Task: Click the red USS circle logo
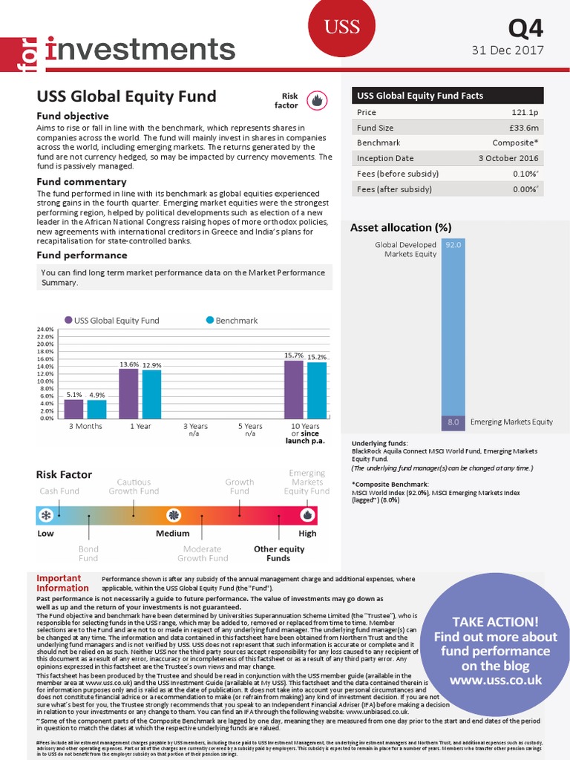tap(342, 27)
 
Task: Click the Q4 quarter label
tap(525, 28)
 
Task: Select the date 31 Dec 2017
tap(508, 50)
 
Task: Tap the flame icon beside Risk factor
tap(316, 100)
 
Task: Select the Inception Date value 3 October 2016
tap(508, 158)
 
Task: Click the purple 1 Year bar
tap(128, 393)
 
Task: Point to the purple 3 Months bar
tap(73, 408)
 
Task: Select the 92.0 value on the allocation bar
tap(453, 243)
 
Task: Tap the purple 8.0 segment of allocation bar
tap(453, 422)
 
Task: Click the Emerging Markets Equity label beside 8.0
tap(511, 422)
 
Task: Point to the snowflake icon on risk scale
tap(47, 515)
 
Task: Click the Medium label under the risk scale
tap(172, 533)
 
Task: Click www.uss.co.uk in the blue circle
tap(496, 680)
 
